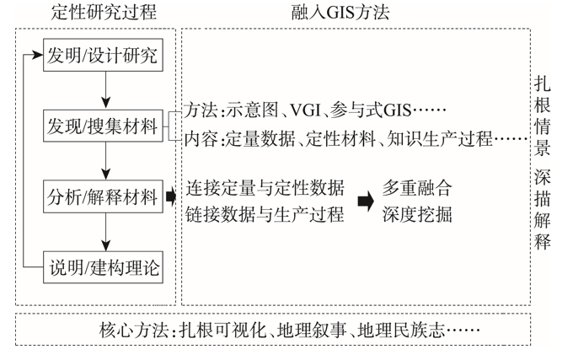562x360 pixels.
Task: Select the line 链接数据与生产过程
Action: pyautogui.click(x=265, y=214)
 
